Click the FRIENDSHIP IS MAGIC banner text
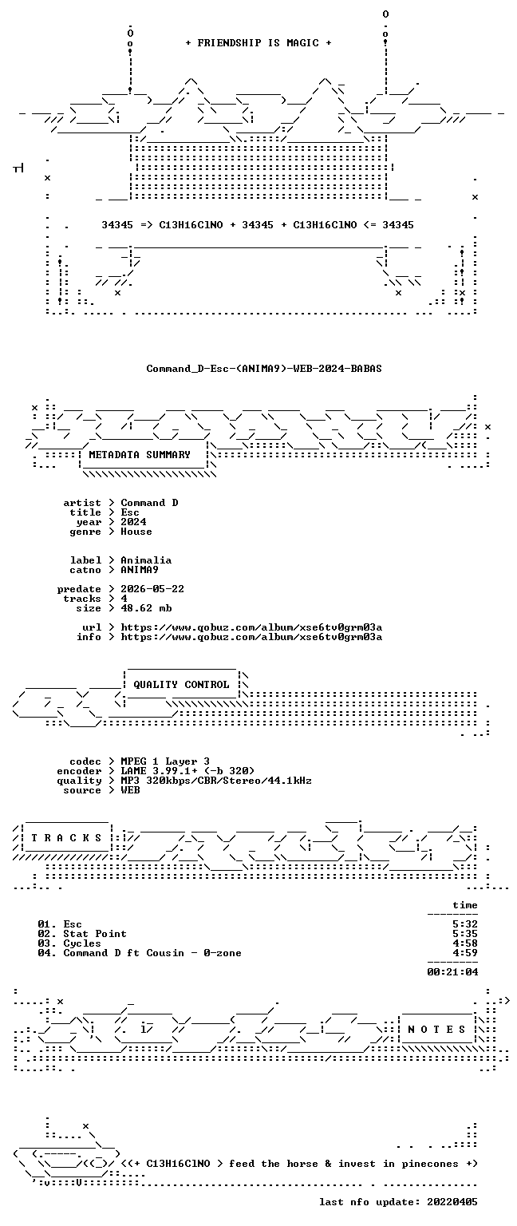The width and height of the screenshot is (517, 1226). pyautogui.click(x=258, y=42)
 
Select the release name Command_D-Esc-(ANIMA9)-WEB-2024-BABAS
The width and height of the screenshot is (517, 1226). pyautogui.click(x=264, y=368)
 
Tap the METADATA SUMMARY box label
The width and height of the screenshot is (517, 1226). pyautogui.click(x=140, y=454)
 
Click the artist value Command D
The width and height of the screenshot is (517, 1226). pyautogui.click(x=149, y=502)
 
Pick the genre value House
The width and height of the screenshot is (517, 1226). pyautogui.click(x=136, y=532)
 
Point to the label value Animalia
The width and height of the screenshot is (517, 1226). pyautogui.click(x=146, y=560)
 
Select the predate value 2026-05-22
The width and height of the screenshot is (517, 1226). pyautogui.click(x=152, y=589)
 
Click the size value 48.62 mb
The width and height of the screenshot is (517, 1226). pyautogui.click(x=146, y=608)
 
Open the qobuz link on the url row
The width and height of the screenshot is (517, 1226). pyautogui.click(x=251, y=627)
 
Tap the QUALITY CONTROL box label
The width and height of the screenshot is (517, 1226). pyautogui.click(x=181, y=684)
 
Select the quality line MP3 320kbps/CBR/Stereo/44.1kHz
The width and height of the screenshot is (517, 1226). pyautogui.click(x=216, y=781)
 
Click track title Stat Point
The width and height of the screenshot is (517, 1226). pyautogui.click(x=95, y=934)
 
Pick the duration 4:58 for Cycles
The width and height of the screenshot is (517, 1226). pyautogui.click(x=465, y=943)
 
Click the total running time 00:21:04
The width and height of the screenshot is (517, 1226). pyautogui.click(x=452, y=972)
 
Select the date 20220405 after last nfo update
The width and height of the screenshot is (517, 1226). pyautogui.click(x=452, y=1202)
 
